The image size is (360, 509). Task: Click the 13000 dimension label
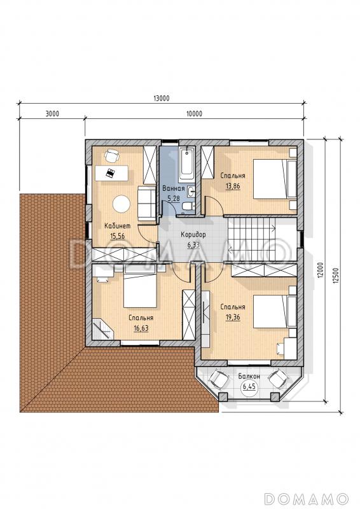161,99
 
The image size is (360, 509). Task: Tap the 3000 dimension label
52,114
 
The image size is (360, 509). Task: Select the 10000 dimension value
194,114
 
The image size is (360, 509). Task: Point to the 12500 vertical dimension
335,276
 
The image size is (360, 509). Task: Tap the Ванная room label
174,188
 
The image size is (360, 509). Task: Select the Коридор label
193,234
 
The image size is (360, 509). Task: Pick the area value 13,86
233,186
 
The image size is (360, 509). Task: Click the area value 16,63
141,328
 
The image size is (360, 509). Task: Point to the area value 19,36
233,317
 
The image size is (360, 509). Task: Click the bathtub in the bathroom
186,165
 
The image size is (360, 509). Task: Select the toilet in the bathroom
188,206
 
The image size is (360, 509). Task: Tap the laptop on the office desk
111,172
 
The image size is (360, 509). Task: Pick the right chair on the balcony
278,379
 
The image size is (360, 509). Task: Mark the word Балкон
249,377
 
